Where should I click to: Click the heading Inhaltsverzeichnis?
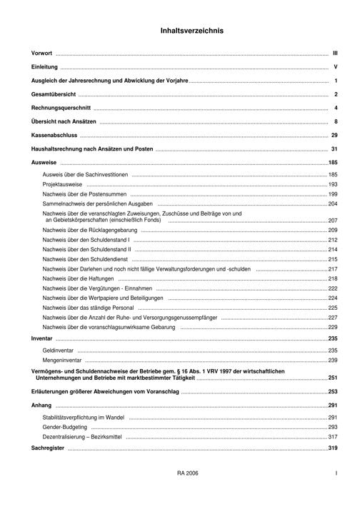[x=191, y=31]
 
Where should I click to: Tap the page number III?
[x=334, y=54]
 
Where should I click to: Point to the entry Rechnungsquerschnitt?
[x=61, y=108]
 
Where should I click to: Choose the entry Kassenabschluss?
[x=54, y=135]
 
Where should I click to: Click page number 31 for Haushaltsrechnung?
[x=334, y=148]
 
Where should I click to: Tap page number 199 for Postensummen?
[x=332, y=194]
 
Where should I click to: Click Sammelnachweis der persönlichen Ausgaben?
[x=93, y=203]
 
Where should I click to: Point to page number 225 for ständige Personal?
[x=332, y=307]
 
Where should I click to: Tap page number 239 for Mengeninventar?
[x=332, y=361]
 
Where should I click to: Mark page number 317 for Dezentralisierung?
[x=332, y=436]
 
